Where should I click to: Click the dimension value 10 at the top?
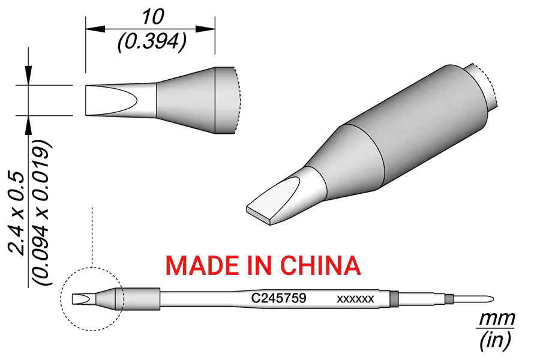coord(153,17)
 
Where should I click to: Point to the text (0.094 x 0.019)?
coord(41,212)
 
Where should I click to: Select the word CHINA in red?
coord(320,265)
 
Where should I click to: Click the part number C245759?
coord(278,298)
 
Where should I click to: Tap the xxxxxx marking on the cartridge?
coord(355,299)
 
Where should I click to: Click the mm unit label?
coord(497,319)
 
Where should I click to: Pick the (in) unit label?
coord(495,340)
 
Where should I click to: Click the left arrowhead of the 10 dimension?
coord(95,29)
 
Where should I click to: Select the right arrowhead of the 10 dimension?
coord(205,29)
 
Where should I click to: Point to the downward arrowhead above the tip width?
coord(28,75)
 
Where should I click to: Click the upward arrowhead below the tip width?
coord(28,125)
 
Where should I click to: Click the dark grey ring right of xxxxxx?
coord(394,298)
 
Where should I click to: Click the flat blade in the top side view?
coord(110,100)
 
